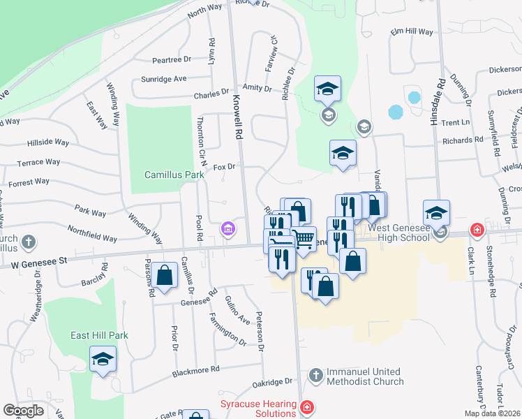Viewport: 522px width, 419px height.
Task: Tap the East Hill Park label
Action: [x=99, y=335]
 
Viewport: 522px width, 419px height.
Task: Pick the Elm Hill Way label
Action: [x=412, y=32]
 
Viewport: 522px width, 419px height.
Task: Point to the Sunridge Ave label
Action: [x=164, y=79]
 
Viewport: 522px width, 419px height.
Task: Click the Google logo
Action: [x=23, y=411]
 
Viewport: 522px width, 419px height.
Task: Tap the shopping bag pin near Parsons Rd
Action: [x=165, y=274]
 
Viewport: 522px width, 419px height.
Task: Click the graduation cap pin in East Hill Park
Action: [x=103, y=359]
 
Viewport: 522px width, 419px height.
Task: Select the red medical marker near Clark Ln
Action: [x=477, y=229]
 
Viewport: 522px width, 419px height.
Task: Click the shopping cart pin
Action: [x=304, y=239]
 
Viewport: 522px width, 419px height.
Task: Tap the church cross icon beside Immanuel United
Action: [x=315, y=376]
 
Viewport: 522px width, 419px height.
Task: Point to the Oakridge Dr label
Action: [x=273, y=382]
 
